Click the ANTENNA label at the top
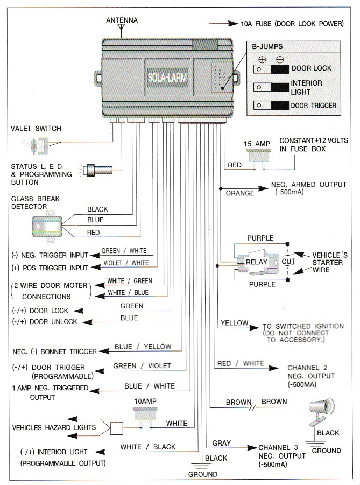pyautogui.click(x=122, y=20)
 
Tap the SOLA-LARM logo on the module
pyautogui.click(x=167, y=76)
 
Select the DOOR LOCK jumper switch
pyautogui.click(x=271, y=69)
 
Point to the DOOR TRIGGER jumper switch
pyautogui.click(x=271, y=106)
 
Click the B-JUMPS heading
pyautogui.click(x=267, y=47)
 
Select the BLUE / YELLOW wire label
pyautogui.click(x=143, y=347)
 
